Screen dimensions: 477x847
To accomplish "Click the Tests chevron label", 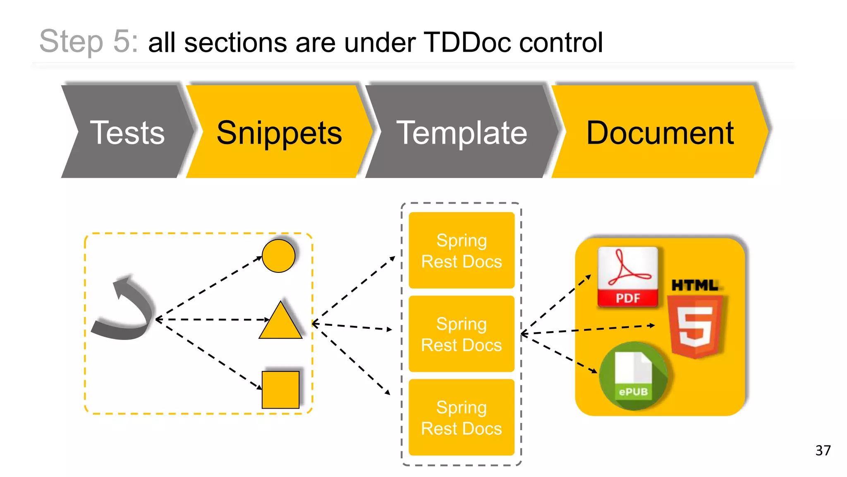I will coord(127,133).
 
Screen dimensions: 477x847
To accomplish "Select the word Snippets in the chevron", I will coord(279,133).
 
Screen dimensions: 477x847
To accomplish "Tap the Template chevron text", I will coord(462,133).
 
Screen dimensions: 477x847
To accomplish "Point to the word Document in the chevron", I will coord(660,133).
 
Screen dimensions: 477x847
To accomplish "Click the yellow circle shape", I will coord(278,256).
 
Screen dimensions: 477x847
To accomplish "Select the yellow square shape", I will coord(280,390).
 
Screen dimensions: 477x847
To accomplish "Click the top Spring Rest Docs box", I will coord(462,251).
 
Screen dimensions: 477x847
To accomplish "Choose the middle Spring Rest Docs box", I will coord(462,334).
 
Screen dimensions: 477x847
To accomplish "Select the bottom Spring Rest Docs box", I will coord(462,417).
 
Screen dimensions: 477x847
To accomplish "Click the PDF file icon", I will coord(627,277).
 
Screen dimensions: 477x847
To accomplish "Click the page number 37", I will coord(823,450).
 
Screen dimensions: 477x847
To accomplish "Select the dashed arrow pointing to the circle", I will coord(209,288).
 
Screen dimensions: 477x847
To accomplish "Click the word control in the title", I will coord(561,42).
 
